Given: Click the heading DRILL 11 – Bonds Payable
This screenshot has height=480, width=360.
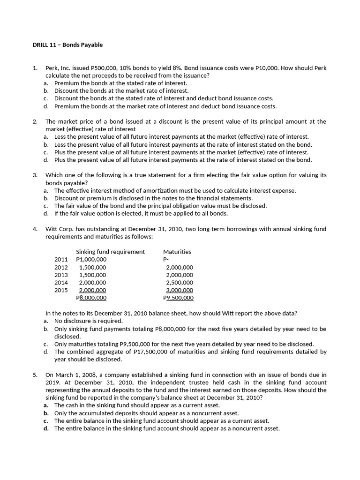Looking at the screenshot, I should click(67, 45).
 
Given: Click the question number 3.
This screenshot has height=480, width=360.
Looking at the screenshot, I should click(35, 175).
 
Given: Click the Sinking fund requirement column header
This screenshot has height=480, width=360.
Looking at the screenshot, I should click(110, 252).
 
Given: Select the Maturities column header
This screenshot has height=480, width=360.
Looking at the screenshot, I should click(177, 252).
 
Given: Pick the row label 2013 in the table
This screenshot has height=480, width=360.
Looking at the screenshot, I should click(61, 275).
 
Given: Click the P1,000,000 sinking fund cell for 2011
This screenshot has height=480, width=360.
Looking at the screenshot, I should click(91, 259).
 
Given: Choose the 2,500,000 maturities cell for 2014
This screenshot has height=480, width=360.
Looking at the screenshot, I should click(179, 283).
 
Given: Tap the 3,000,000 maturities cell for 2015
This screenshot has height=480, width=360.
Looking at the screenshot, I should click(179, 290).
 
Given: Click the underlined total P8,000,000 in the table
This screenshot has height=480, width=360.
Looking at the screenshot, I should click(91, 298).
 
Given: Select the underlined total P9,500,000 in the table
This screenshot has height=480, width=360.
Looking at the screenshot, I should click(178, 298).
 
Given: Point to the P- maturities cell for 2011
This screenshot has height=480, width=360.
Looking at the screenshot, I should click(165, 259).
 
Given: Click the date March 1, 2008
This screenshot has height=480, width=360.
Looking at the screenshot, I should click(75, 375).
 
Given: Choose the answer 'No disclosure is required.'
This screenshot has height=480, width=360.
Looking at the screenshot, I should click(89, 321).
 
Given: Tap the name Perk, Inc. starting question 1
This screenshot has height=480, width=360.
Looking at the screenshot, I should click(57, 68).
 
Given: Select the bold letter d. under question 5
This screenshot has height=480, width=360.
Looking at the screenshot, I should click(46, 428).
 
